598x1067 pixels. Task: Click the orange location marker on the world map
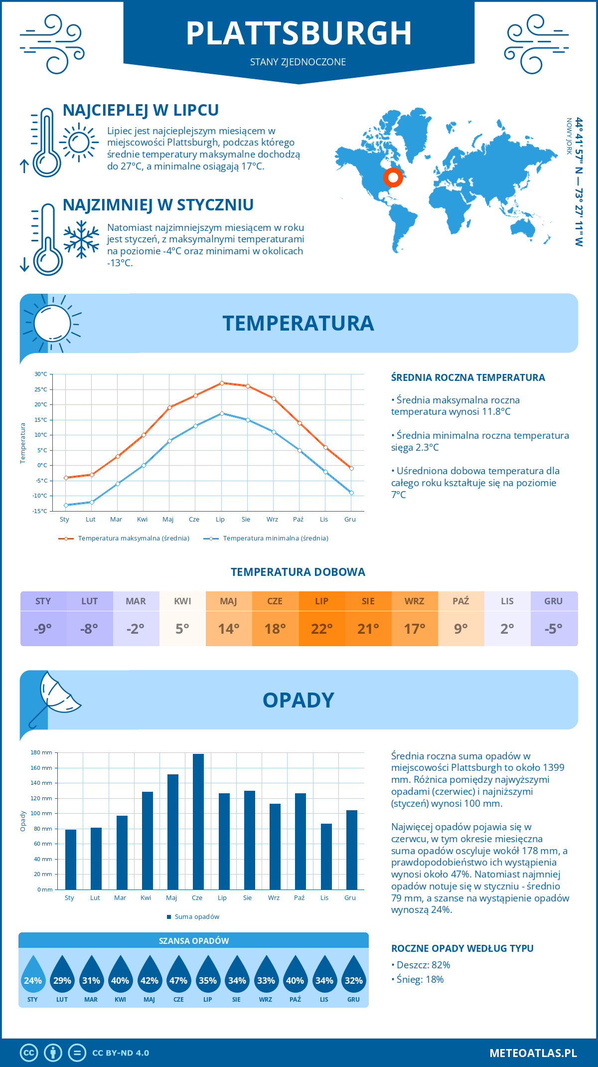click(393, 177)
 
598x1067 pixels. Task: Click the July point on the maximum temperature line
click(222, 383)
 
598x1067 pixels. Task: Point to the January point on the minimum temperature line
click(66, 505)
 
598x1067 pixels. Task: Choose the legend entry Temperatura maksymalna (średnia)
click(124, 538)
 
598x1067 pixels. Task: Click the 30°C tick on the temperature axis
click(41, 374)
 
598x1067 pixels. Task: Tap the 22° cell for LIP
click(321, 629)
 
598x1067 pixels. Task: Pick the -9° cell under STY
click(43, 629)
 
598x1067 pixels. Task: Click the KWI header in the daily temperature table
click(182, 601)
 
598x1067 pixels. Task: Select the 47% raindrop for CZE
click(178, 975)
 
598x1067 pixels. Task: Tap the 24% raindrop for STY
click(33, 975)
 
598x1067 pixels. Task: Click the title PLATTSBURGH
click(299, 34)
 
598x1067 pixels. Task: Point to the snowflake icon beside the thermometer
click(81, 239)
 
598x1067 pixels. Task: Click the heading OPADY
click(298, 700)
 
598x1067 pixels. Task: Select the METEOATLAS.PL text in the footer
click(533, 1053)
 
